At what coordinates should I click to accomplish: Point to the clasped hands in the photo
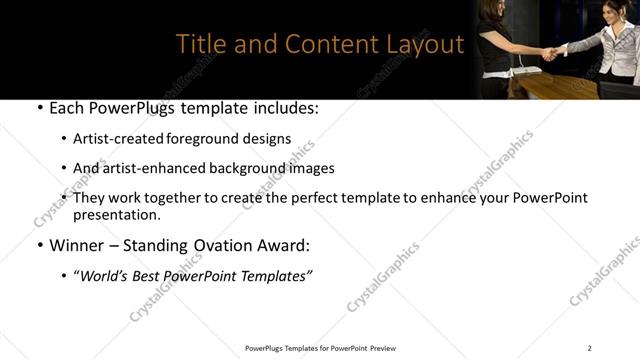pyautogui.click(x=551, y=50)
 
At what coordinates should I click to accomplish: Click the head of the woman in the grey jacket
pyautogui.click(x=613, y=12)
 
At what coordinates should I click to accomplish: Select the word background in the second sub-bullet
pyautogui.click(x=241, y=168)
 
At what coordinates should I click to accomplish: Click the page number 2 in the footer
pyautogui.click(x=589, y=348)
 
